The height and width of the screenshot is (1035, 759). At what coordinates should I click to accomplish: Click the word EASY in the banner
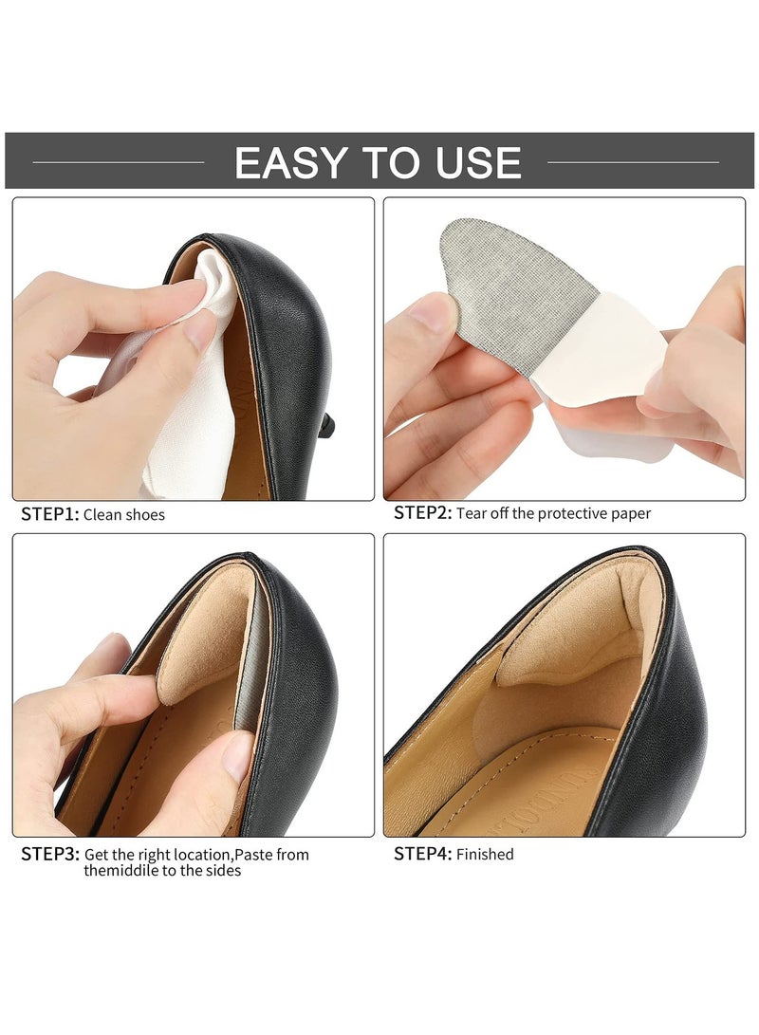click(288, 162)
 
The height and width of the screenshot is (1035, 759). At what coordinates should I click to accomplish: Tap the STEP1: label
click(50, 514)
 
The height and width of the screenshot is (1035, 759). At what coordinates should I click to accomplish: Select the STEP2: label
click(423, 513)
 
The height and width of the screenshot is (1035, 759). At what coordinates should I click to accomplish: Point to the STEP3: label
click(50, 854)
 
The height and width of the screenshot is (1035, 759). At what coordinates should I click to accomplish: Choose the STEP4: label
click(423, 854)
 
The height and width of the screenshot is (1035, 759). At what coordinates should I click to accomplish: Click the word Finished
click(485, 855)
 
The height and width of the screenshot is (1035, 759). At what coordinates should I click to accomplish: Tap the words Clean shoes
click(124, 515)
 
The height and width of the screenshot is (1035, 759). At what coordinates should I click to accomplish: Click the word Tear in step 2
click(472, 514)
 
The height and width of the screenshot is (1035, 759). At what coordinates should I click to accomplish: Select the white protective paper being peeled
click(607, 351)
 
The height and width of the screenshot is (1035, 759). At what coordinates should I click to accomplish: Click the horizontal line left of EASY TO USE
click(119, 162)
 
